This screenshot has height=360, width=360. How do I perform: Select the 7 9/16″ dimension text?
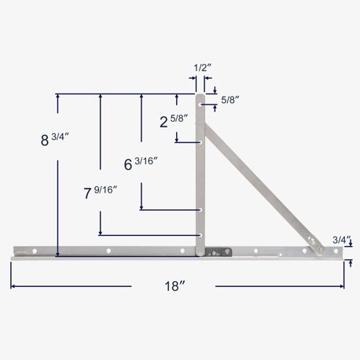click(101, 191)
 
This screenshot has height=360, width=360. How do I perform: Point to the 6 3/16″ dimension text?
click(141, 164)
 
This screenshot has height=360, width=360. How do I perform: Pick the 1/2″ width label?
click(202, 69)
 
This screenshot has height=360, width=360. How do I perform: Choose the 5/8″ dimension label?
click(230, 100)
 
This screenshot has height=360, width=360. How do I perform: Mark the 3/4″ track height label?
click(341, 238)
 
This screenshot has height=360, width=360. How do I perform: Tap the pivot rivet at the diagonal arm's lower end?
click(311, 242)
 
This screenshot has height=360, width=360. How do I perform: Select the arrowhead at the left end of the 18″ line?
click(13, 286)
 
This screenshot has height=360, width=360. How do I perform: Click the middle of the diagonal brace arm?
click(255, 167)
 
